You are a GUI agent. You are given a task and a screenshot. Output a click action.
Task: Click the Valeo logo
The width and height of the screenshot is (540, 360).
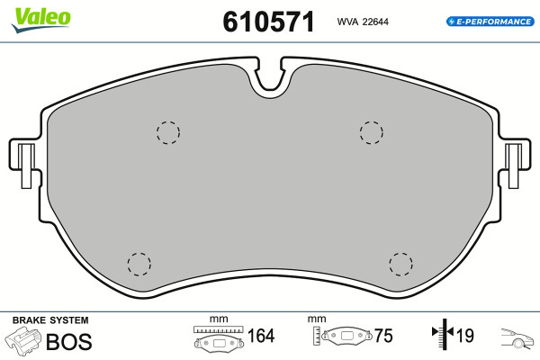click(40, 20)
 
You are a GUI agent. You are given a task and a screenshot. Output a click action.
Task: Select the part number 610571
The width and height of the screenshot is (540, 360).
click(268, 22)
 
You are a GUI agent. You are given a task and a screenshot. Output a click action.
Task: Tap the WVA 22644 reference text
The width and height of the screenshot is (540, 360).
click(363, 22)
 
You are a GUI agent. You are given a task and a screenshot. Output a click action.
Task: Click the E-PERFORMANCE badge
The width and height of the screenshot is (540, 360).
click(490, 22)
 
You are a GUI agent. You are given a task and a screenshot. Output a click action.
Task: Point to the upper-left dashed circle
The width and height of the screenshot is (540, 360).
click(168, 132)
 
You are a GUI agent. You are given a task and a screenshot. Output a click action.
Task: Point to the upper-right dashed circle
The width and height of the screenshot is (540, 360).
click(371, 132)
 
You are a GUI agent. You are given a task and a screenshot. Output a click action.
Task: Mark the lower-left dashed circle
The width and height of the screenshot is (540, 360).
click(139, 265)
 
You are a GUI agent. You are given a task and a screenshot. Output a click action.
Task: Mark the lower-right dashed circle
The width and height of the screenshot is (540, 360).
click(400, 265)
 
